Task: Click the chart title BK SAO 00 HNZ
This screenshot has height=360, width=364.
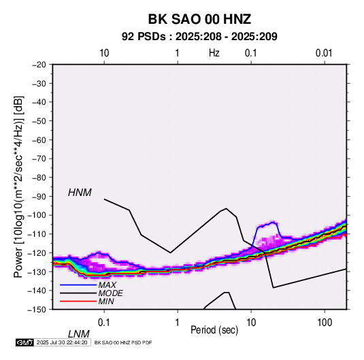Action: pos(199,19)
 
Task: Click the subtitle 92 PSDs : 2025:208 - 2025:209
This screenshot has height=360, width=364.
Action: pos(199,37)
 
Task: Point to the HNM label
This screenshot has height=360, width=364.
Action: pos(80,193)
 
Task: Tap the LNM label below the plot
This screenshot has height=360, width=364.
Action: pos(79,334)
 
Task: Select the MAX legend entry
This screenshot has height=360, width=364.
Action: pos(107,285)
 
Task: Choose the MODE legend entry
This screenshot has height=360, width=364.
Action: pos(110,293)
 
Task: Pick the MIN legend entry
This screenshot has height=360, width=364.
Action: pos(106,301)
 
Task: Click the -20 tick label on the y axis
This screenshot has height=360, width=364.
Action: pos(39,65)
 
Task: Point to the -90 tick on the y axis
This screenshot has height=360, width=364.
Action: pos(39,196)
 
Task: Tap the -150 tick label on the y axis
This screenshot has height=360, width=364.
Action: pos(37,310)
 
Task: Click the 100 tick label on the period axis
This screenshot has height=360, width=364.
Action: pos(325,323)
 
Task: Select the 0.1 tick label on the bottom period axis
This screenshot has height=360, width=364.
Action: pos(104,323)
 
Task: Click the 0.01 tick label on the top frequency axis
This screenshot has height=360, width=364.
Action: pos(324,53)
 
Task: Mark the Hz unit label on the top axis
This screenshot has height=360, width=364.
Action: pos(214,53)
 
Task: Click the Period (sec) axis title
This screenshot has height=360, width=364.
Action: pos(214,330)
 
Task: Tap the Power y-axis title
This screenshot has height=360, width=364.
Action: pos(18,187)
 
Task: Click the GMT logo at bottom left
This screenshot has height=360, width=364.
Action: pos(24,342)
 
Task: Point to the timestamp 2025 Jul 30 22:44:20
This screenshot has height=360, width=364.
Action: pos(62,342)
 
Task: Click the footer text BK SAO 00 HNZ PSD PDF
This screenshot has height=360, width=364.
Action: pos(123,342)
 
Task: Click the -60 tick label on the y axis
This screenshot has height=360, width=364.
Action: pos(39,140)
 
